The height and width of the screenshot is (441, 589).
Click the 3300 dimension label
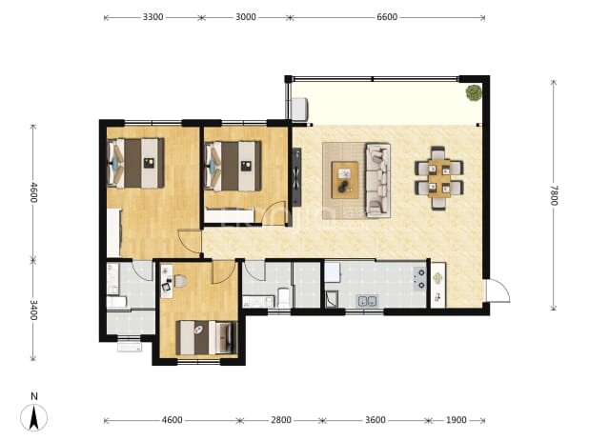click(152, 17)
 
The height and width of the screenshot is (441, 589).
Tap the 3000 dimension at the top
click(246, 17)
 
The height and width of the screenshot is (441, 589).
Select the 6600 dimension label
click(387, 17)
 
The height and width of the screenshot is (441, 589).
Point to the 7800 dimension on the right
click(554, 195)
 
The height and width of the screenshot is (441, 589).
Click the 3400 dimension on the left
click(33, 310)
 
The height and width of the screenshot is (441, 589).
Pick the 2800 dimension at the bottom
click(281, 420)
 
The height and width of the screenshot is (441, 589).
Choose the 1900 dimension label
click(456, 420)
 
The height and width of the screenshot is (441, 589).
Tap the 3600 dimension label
click(376, 420)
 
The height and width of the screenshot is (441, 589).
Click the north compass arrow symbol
click(33, 417)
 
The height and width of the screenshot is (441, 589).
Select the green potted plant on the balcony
click(474, 92)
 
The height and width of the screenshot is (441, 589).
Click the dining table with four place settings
click(439, 178)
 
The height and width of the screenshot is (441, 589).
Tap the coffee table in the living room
click(345, 180)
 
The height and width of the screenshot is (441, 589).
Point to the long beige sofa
click(377, 181)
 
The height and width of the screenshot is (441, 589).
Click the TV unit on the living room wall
click(296, 177)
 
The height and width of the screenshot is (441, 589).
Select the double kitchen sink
click(367, 301)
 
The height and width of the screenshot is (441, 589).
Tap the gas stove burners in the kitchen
click(419, 278)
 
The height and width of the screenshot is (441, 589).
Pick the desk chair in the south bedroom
click(179, 281)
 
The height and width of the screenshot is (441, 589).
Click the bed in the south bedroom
click(207, 337)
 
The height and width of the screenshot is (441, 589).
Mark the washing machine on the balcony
click(299, 110)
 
